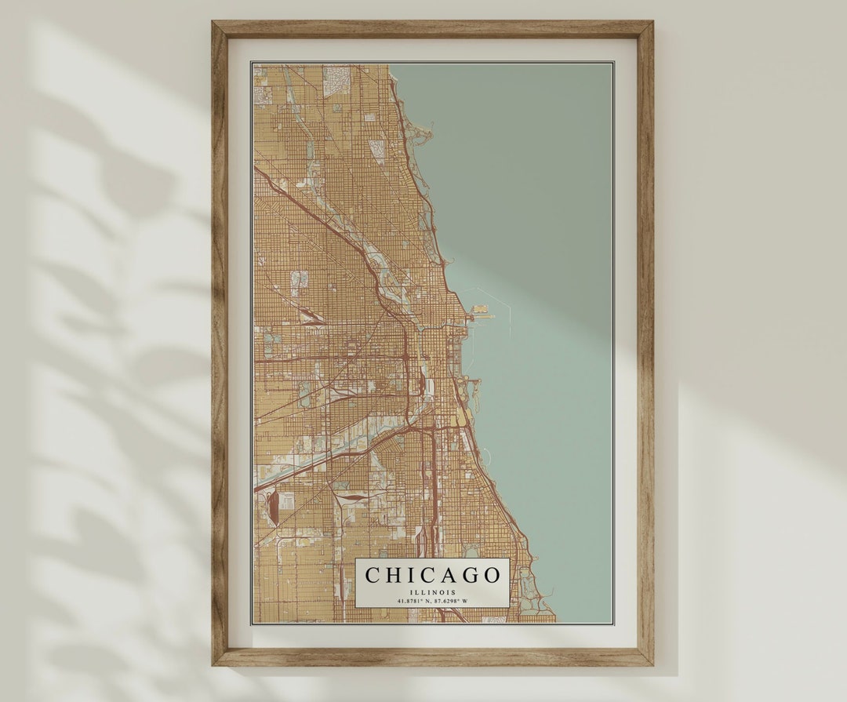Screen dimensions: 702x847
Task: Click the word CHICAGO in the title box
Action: (x=432, y=575)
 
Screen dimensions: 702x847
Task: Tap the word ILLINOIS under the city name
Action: (x=432, y=592)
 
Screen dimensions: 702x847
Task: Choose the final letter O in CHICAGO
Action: (x=492, y=575)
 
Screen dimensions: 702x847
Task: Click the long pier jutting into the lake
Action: (x=483, y=317)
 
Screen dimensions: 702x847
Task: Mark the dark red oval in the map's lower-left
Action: (x=273, y=507)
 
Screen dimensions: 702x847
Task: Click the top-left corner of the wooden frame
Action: (x=213, y=23)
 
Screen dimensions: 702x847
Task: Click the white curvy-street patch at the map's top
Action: (x=336, y=78)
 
